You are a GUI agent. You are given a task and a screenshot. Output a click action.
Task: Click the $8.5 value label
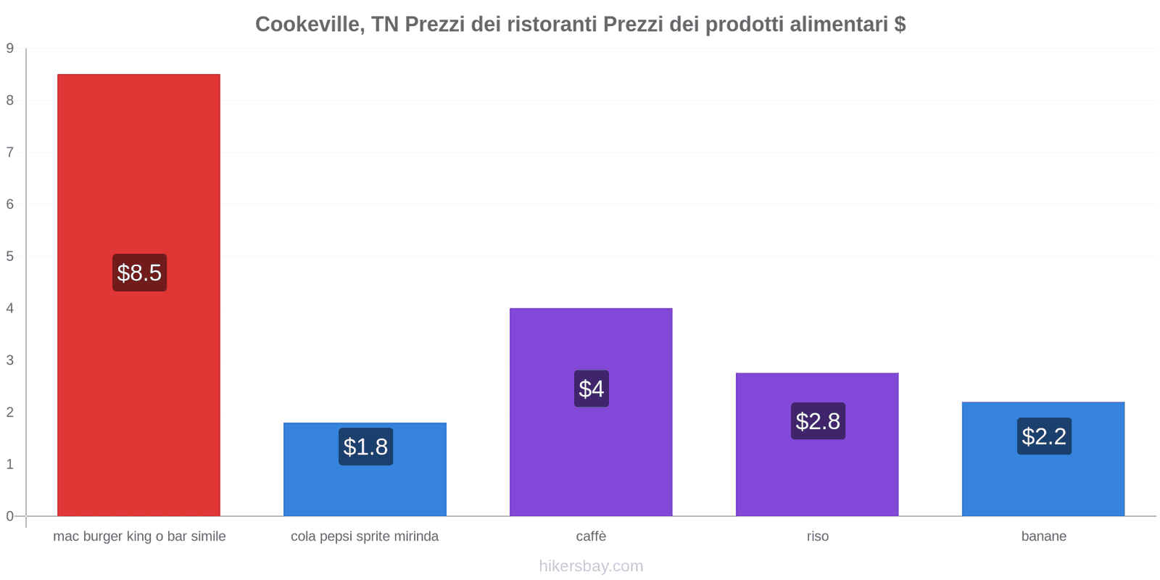tap(139, 273)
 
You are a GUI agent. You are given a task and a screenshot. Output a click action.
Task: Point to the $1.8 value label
tap(365, 447)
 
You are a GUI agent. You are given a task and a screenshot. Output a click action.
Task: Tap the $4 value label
tap(592, 389)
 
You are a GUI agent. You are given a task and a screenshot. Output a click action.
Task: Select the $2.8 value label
tap(818, 421)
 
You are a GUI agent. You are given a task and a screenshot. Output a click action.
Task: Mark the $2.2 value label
tap(1044, 436)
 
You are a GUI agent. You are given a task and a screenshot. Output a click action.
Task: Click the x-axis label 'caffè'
tap(591, 536)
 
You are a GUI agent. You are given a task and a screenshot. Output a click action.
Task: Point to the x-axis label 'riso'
tap(818, 536)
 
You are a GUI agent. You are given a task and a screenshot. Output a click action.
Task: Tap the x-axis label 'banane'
tap(1044, 536)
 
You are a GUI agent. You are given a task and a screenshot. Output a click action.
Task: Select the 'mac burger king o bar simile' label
tap(139, 536)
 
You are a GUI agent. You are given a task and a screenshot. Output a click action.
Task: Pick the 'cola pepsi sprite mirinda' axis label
tap(365, 536)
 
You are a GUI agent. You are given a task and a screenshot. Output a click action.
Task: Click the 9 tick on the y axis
tap(10, 49)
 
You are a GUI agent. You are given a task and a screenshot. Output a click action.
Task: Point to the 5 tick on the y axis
tap(10, 256)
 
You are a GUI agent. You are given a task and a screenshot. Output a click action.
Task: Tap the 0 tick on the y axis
tap(10, 516)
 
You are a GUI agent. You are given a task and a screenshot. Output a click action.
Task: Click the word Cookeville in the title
tap(310, 25)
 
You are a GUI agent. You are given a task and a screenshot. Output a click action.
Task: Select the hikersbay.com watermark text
tap(591, 566)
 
